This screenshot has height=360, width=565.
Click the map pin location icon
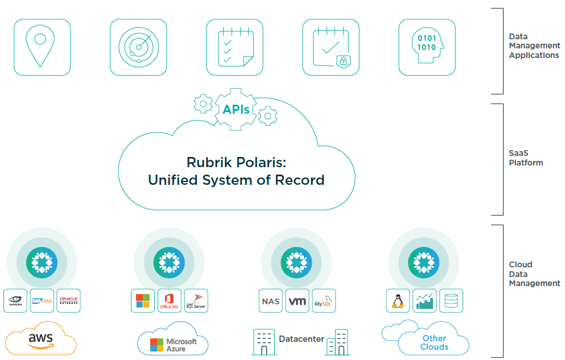pyautogui.click(x=42, y=47)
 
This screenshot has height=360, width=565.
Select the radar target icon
pyautogui.click(x=138, y=47)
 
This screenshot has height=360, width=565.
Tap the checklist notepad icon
pyautogui.click(x=234, y=47)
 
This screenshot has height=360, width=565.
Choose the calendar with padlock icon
pyautogui.click(x=331, y=47)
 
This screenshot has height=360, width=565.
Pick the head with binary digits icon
pyautogui.click(x=427, y=47)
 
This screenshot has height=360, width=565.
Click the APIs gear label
pyautogui.click(x=236, y=109)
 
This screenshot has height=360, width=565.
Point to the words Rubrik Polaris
pyautogui.click(x=236, y=162)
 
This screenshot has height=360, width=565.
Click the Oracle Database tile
pyautogui.click(x=68, y=301)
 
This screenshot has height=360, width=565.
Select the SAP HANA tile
pyautogui.click(x=42, y=301)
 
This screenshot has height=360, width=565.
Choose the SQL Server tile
pyautogui.click(x=196, y=301)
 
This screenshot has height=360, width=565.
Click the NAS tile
pyautogui.click(x=270, y=301)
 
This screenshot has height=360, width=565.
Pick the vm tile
pyautogui.click(x=297, y=301)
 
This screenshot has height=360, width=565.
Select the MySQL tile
pyautogui.click(x=324, y=301)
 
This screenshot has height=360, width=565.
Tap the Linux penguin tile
pyautogui.click(x=398, y=301)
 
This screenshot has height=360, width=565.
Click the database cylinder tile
pyautogui.click(x=451, y=301)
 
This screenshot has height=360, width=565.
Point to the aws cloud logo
pyautogui.click(x=40, y=339)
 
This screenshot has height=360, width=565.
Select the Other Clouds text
pyautogui.click(x=434, y=342)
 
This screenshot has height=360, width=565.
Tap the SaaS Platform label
pyautogui.click(x=526, y=158)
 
